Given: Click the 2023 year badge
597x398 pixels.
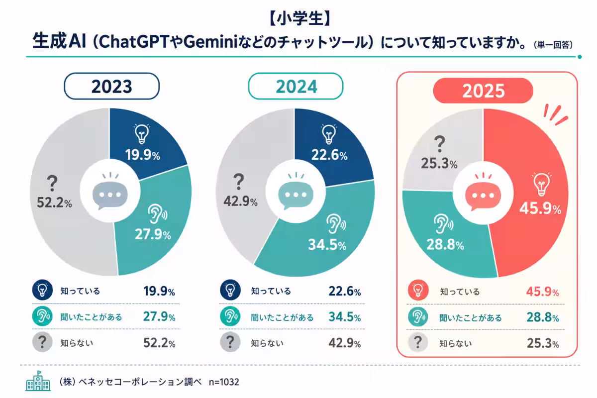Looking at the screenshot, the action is pyautogui.click(x=111, y=86).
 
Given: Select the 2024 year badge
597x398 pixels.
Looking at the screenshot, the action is pyautogui.click(x=296, y=86).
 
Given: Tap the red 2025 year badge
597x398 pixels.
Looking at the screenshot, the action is pyautogui.click(x=483, y=91).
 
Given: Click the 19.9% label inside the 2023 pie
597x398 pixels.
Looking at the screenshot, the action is pyautogui.click(x=143, y=155).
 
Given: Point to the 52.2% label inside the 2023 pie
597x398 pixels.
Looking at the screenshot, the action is pyautogui.click(x=54, y=202).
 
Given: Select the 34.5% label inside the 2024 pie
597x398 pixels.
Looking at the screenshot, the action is pyautogui.click(x=327, y=245).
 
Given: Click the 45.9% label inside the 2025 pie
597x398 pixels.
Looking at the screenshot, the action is pyautogui.click(x=540, y=208).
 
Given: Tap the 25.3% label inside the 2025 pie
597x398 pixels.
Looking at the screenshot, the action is pyautogui.click(x=439, y=163).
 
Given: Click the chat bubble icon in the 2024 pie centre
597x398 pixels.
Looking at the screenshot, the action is pyautogui.click(x=296, y=192).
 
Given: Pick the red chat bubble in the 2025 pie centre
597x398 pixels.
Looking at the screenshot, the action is pyautogui.click(x=483, y=193).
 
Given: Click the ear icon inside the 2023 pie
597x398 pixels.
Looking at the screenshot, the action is pyautogui.click(x=158, y=214).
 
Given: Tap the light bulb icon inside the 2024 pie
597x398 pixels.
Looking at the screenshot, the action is pyautogui.click(x=329, y=134).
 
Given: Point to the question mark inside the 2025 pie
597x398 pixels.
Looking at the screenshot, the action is pyautogui.click(x=440, y=144).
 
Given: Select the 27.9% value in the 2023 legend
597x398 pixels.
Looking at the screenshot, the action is pyautogui.click(x=159, y=317).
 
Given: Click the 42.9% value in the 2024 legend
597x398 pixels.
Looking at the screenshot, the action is pyautogui.click(x=345, y=343).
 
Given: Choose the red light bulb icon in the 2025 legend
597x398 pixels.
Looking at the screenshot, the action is pyautogui.click(x=418, y=290).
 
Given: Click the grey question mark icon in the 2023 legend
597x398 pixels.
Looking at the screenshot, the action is pyautogui.click(x=42, y=342).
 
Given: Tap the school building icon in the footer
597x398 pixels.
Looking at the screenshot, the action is pyautogui.click(x=38, y=381).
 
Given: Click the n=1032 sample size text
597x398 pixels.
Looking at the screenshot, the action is pyautogui.click(x=224, y=382).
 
